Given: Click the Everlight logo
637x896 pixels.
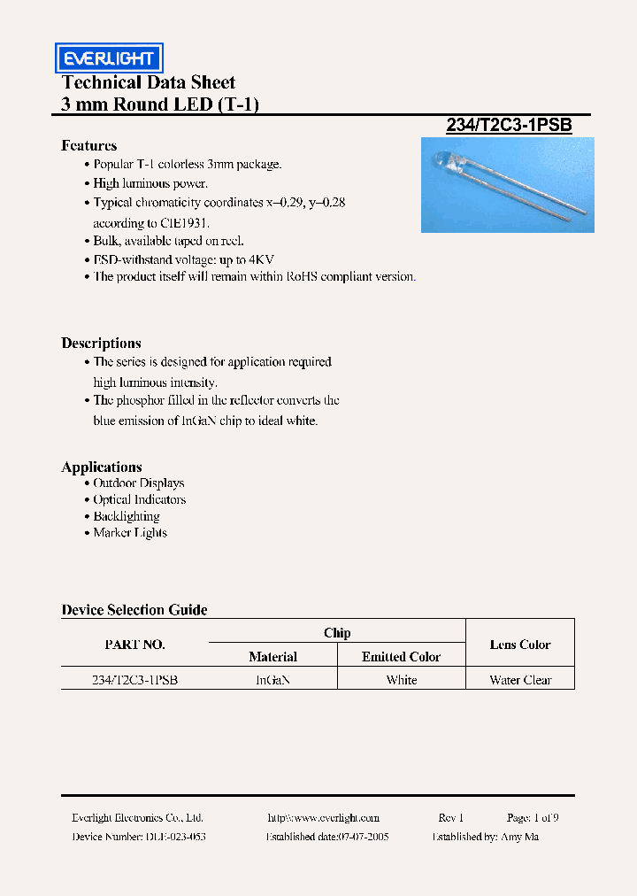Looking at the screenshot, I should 109,58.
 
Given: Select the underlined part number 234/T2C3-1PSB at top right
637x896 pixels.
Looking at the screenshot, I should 509,126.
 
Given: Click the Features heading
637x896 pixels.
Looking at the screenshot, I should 88,146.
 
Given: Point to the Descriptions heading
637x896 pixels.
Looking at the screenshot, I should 101,344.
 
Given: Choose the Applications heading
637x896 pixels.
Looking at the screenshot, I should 102,467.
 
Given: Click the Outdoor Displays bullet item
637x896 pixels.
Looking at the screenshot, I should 139,483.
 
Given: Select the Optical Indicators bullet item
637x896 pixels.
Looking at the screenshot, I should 140,500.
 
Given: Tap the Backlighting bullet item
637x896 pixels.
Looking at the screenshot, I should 127,516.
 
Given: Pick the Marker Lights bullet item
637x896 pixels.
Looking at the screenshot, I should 130,533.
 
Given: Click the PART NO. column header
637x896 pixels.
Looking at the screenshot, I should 134,645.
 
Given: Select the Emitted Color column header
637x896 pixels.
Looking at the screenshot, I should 401,657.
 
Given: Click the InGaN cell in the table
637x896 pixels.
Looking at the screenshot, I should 272,680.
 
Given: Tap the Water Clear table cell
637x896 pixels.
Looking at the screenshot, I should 520,680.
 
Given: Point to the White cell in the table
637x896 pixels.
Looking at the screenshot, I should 401,680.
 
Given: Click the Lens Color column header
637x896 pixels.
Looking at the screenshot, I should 520,645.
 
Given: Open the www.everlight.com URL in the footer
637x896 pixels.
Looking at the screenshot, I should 323,818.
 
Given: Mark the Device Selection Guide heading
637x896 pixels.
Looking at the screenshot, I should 134,610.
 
